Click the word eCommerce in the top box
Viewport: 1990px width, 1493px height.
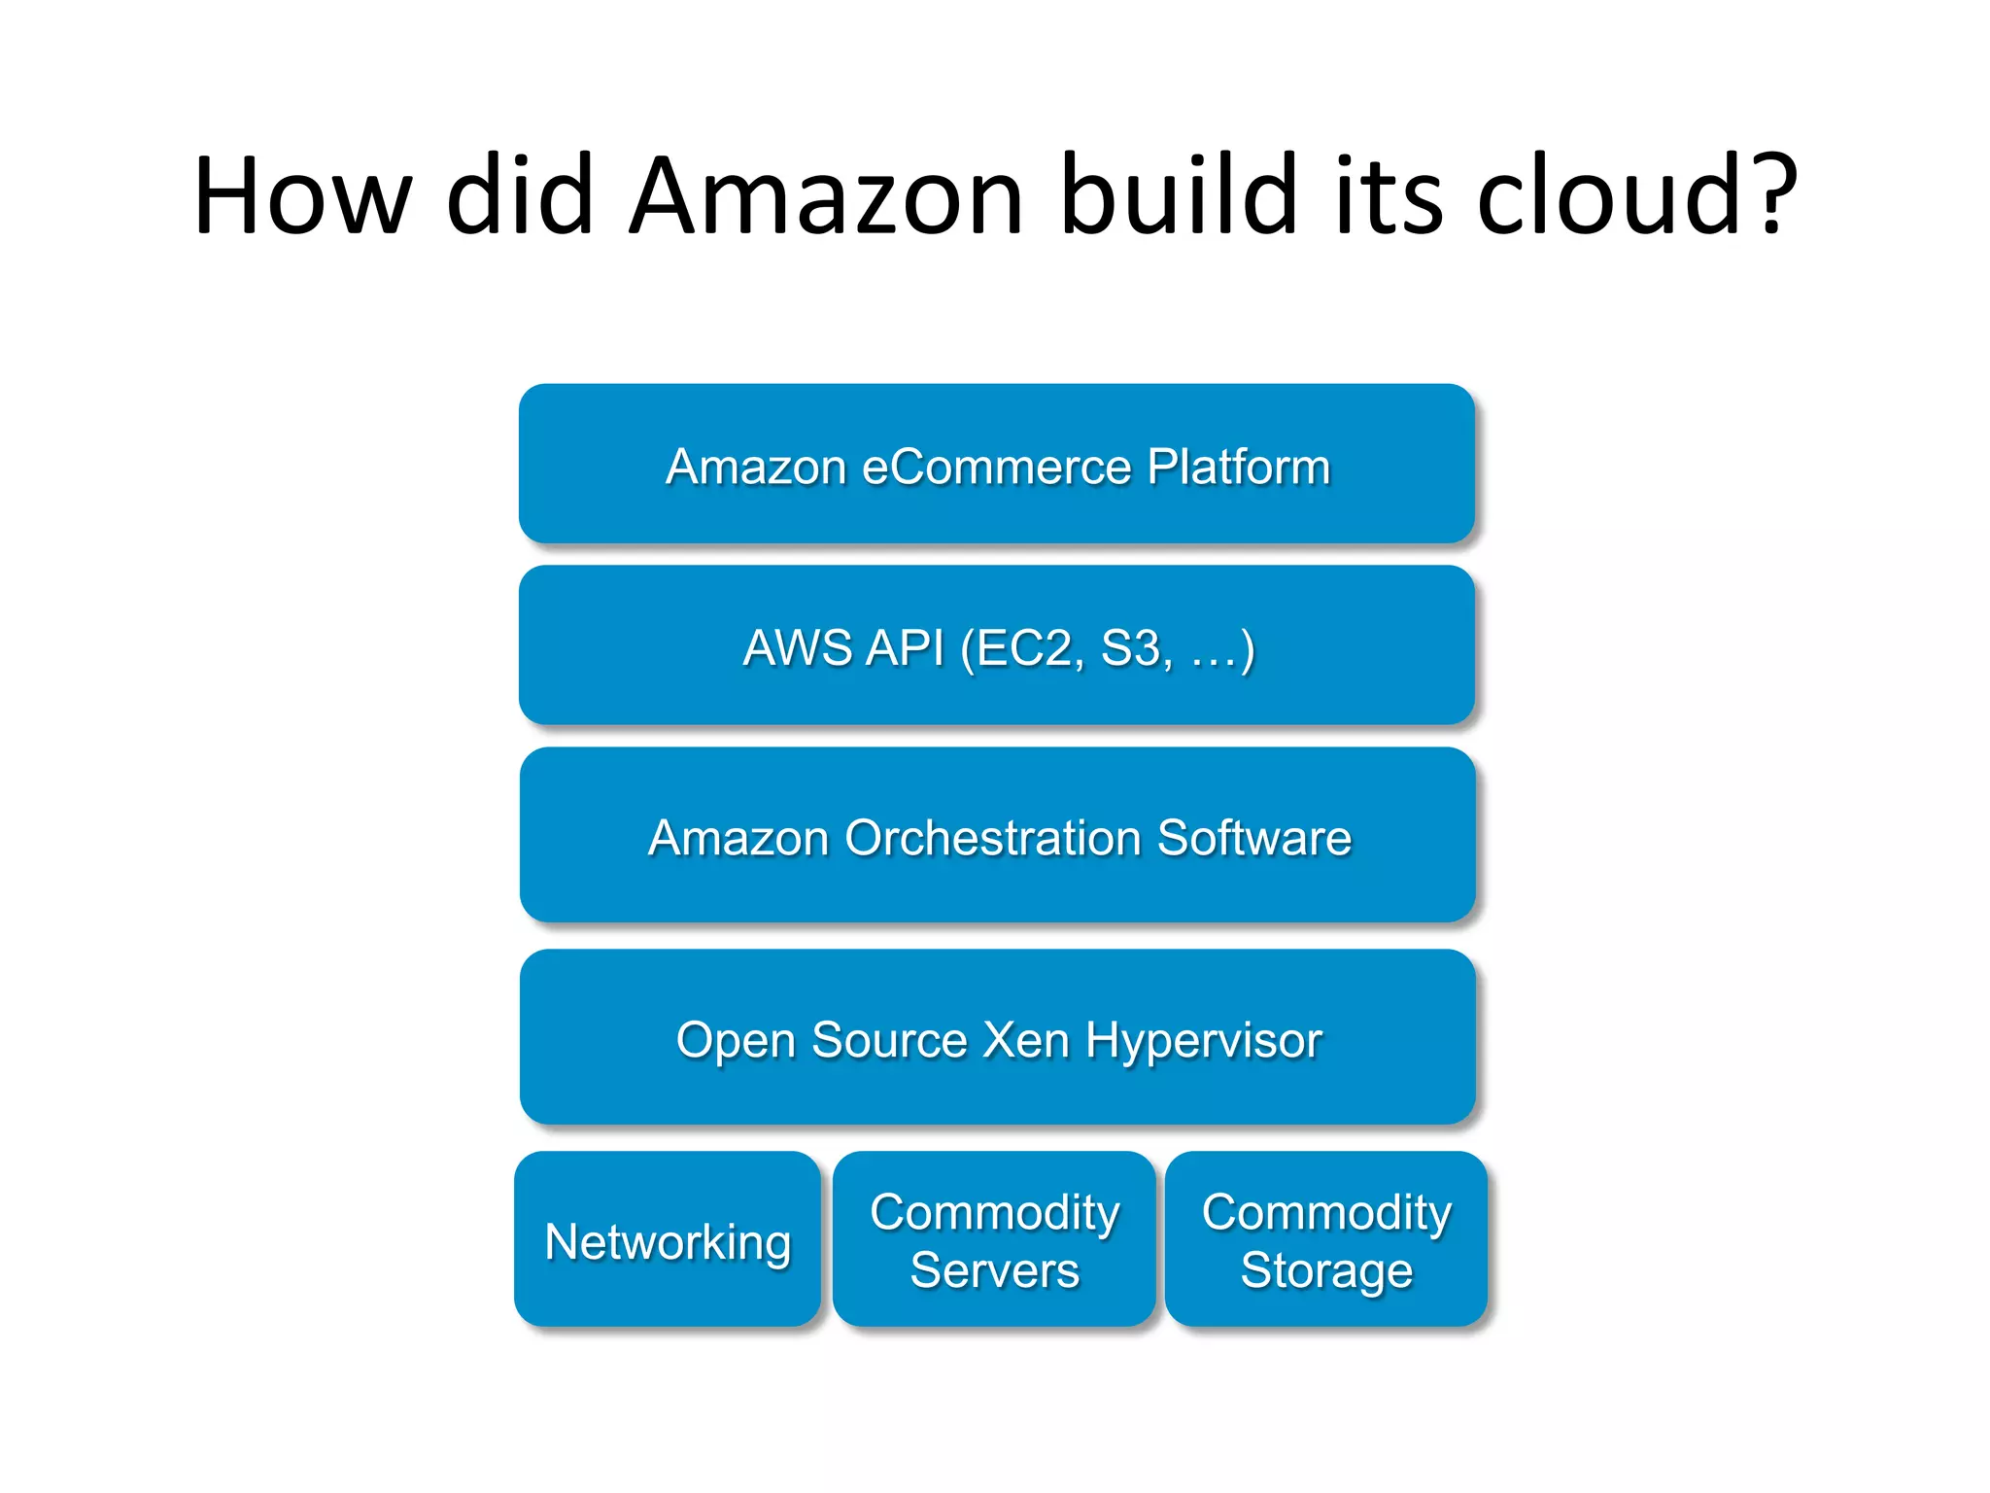[996, 467]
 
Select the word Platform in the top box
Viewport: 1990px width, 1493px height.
[1238, 467]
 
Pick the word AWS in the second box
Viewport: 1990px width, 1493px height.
[796, 648]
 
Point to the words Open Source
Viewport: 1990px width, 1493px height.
[822, 1040]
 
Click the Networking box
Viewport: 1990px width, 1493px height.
[668, 1241]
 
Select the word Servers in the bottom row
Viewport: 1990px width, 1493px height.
[994, 1270]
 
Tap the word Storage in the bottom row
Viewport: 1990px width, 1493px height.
[1326, 1270]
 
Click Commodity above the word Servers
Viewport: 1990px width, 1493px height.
[994, 1213]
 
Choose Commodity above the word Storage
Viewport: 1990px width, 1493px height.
[1326, 1213]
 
